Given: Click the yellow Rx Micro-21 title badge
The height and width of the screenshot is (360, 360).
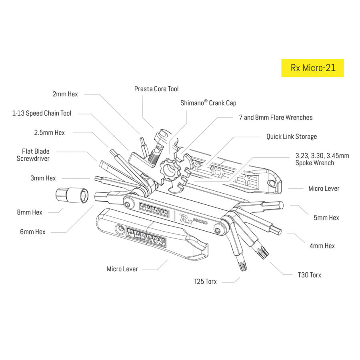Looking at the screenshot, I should (312, 68).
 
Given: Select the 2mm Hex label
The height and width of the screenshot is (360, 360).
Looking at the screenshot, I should (65, 94).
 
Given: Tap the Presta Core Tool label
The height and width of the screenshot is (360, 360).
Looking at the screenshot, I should (156, 89).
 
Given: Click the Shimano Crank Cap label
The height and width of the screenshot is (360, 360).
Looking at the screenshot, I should (208, 103).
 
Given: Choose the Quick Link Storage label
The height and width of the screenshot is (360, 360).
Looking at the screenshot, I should (292, 136).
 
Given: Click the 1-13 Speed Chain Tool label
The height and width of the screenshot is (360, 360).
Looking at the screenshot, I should (42, 113).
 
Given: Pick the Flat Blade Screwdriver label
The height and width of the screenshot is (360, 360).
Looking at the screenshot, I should (36, 155).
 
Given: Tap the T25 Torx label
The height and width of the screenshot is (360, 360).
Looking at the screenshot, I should (205, 282).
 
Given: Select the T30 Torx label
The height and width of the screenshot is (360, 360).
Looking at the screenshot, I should (309, 275).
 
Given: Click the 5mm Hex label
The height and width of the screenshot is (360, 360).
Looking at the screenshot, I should (326, 218).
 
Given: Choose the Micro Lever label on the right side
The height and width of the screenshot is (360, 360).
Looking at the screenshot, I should (324, 188).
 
